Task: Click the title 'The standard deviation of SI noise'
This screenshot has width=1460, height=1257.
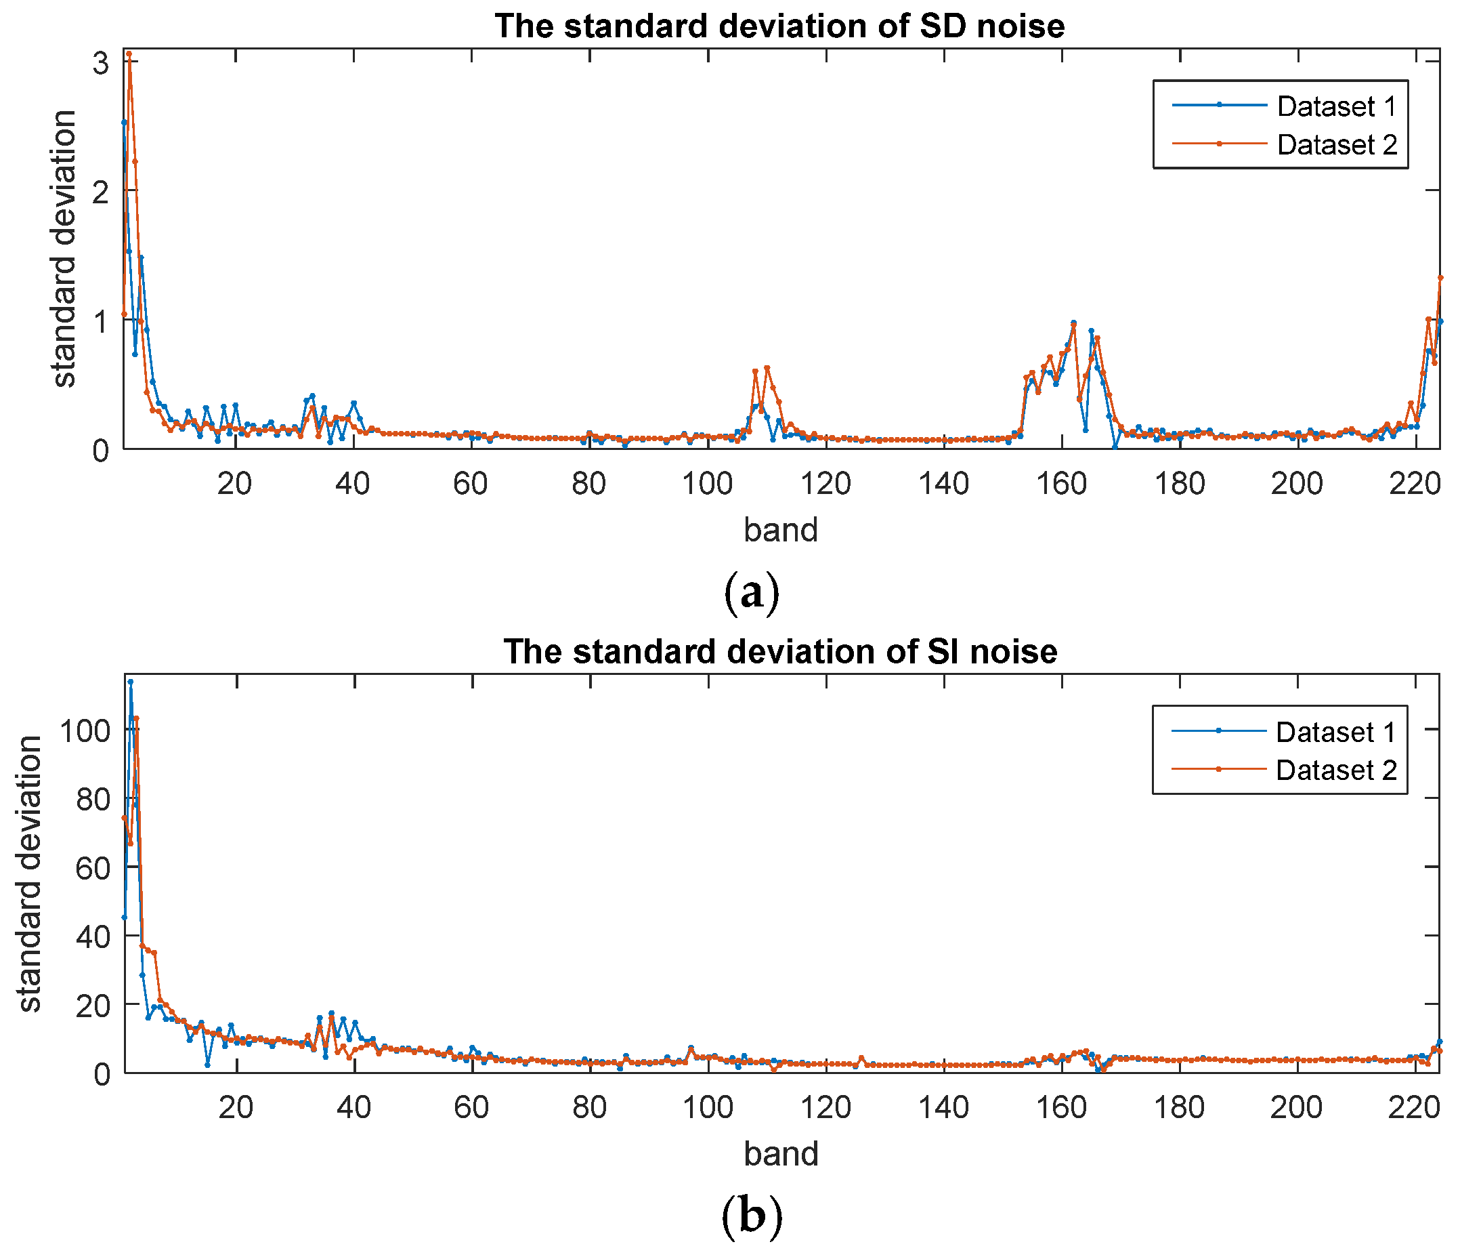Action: point(780,651)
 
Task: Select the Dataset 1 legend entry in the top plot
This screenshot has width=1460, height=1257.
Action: point(1335,106)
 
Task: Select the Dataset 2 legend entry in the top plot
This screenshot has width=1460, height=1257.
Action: point(1335,144)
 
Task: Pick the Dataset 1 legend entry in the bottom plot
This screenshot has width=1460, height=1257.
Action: point(1335,733)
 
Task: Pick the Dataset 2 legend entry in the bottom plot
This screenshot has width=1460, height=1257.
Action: point(1335,770)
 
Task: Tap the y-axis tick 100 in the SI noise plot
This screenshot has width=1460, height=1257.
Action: point(85,731)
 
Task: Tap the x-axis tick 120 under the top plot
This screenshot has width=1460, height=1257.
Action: point(826,485)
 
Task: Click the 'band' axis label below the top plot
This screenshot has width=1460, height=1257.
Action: point(781,529)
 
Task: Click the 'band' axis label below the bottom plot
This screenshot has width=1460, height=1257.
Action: point(781,1154)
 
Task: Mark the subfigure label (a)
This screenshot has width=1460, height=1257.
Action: point(751,593)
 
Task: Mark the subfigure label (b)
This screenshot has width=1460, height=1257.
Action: point(751,1216)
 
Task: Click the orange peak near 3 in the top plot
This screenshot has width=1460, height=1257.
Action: point(129,54)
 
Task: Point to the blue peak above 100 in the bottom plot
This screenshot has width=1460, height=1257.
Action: point(130,682)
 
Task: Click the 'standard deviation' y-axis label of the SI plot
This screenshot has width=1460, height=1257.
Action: point(30,874)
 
